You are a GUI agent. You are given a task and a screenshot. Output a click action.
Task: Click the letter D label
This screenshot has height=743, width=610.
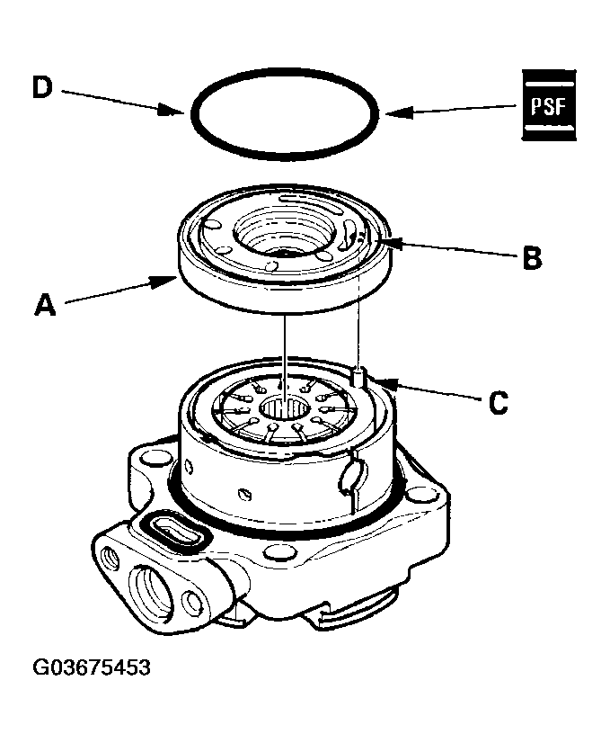pos(43,87)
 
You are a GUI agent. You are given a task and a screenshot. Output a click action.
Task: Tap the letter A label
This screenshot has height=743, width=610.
pos(45,307)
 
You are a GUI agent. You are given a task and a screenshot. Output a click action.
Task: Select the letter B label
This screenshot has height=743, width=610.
pos(532,258)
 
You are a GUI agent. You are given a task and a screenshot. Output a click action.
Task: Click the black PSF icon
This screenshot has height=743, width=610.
pos(549,104)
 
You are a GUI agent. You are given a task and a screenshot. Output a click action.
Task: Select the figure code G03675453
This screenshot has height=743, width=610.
pos(92,668)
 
